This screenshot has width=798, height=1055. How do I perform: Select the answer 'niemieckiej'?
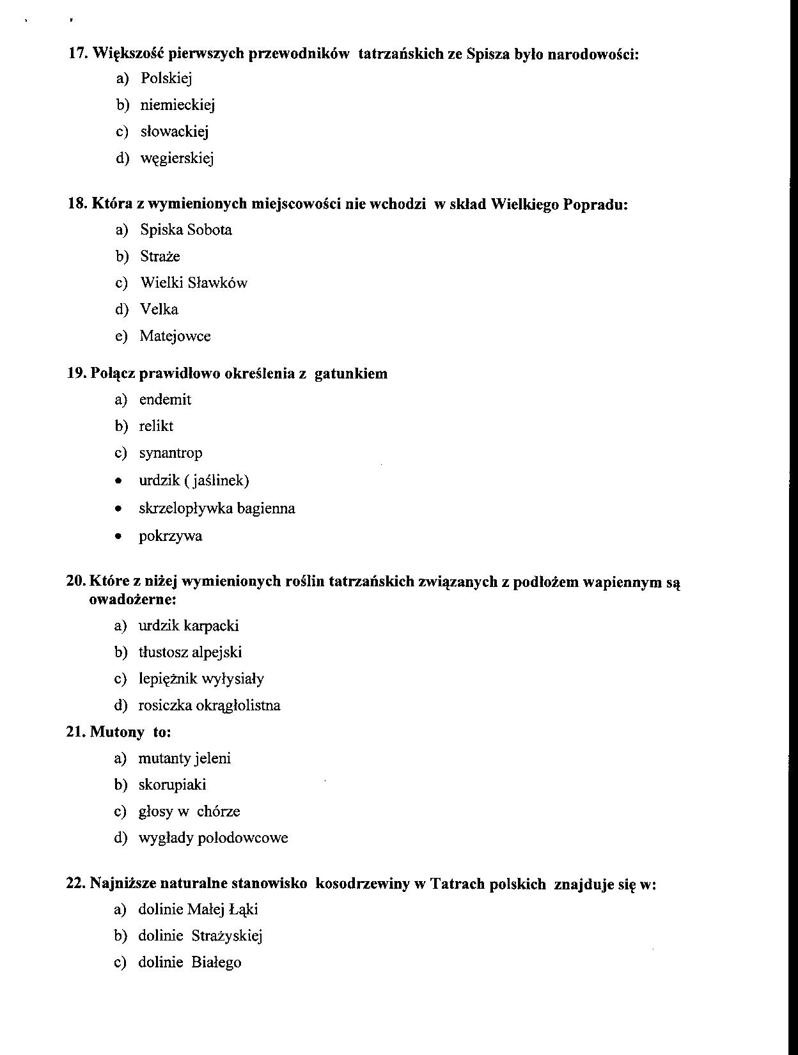tap(177, 105)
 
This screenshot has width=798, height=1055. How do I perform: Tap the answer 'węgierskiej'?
tap(176, 158)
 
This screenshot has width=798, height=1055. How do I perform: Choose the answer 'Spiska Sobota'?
tap(185, 230)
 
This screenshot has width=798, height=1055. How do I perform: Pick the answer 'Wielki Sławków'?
tap(193, 283)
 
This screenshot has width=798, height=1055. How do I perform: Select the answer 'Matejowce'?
tap(175, 336)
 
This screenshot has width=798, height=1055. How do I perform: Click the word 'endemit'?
tap(165, 400)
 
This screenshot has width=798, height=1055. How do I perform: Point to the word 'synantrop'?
tap(170, 453)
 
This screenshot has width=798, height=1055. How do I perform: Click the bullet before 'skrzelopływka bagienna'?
tap(118, 510)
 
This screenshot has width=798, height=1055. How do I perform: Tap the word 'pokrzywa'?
tap(170, 536)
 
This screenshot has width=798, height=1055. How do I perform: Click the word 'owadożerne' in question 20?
tap(132, 600)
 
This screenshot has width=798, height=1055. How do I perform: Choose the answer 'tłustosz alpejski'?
tap(190, 653)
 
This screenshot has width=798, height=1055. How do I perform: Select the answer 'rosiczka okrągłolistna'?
tap(209, 706)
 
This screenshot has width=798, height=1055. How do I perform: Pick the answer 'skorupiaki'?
tap(172, 785)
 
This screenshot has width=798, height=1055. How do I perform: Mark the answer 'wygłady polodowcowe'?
tap(213, 838)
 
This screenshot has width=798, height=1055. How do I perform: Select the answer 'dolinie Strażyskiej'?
tap(200, 937)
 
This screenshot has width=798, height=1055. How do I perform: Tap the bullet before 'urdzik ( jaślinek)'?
tap(118, 481)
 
